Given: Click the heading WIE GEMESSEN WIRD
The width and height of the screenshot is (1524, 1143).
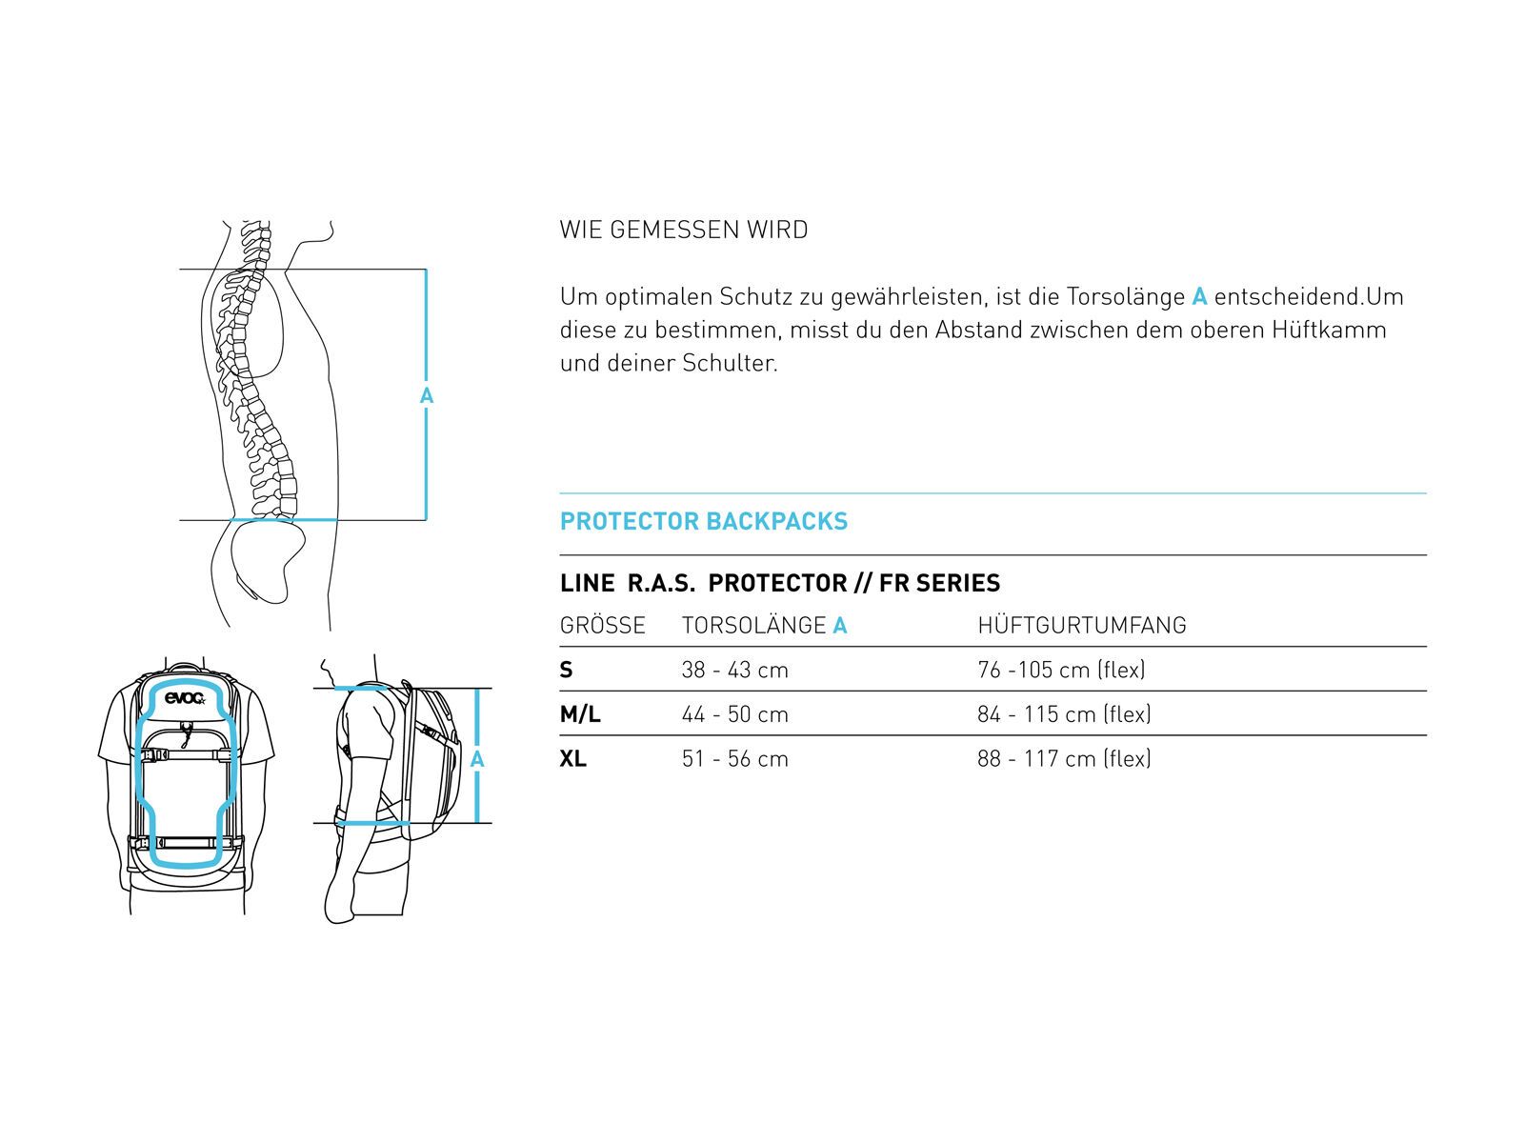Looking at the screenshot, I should (683, 230).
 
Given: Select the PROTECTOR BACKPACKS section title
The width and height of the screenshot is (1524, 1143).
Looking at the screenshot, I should (703, 521).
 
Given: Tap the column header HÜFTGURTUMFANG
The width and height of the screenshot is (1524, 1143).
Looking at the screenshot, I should (1081, 626).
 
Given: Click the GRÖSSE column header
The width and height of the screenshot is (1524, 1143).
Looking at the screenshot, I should (602, 626).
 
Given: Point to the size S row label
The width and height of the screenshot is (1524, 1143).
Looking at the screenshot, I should (566, 670).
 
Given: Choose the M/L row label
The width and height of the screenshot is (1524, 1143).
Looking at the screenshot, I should (579, 714).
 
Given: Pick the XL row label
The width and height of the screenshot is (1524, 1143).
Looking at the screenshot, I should (572, 759).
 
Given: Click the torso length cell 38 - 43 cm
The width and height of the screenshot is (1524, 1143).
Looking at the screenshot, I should (734, 670).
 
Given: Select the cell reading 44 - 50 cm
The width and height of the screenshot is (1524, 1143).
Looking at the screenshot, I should (734, 714).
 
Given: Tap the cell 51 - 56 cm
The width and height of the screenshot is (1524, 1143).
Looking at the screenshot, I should (734, 759).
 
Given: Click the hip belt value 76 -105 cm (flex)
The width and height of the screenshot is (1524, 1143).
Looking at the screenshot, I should (1061, 670).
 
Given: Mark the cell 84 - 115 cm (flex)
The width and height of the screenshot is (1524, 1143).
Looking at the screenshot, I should (1064, 714).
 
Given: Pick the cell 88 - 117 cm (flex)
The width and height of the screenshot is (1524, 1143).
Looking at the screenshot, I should (1064, 759).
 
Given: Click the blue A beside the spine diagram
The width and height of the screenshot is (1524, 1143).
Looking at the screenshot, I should (427, 395).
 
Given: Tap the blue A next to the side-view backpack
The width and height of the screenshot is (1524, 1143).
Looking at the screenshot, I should (477, 759).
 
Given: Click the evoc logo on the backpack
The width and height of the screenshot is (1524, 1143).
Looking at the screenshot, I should (185, 699).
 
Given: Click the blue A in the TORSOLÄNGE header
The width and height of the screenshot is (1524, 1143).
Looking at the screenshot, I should (839, 626).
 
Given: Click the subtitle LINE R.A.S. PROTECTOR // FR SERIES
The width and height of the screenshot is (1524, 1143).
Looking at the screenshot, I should (779, 583).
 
